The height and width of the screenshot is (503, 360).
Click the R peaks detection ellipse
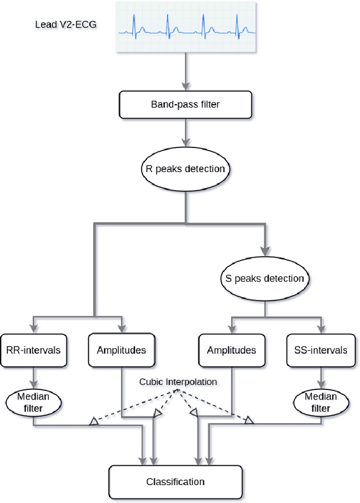(184, 169)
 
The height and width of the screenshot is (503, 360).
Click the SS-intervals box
(321, 350)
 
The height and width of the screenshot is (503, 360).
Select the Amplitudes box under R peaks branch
(121, 350)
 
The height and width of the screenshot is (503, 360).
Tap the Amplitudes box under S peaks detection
(231, 350)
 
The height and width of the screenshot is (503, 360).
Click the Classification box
(175, 481)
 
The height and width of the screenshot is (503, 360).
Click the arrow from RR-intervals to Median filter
(34, 376)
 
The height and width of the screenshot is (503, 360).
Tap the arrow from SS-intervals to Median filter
(320, 376)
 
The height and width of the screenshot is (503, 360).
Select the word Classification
(175, 481)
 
